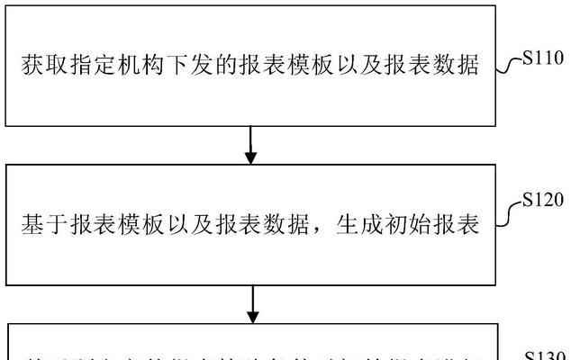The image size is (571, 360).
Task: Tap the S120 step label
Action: click(544, 199)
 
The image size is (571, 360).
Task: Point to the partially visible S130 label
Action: click(544, 355)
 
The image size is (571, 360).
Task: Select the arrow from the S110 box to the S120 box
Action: click(252, 144)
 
